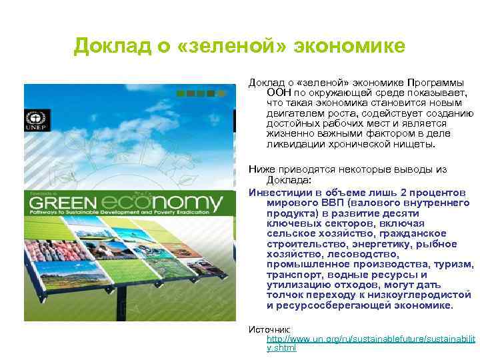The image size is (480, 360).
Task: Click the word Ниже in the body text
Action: click(261, 170)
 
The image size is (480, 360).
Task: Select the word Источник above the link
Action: click(269, 329)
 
